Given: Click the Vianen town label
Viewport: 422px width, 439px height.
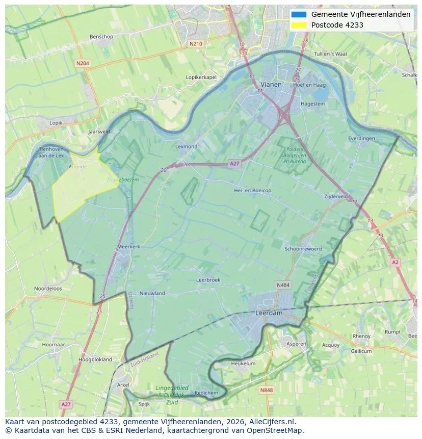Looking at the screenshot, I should (x=271, y=84).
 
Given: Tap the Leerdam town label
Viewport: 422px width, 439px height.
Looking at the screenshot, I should (x=269, y=313).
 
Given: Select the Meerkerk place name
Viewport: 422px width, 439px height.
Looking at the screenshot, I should (x=128, y=246).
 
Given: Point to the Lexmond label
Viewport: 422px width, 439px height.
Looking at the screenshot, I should (x=186, y=146).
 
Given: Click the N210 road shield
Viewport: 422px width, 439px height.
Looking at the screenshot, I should (x=195, y=44).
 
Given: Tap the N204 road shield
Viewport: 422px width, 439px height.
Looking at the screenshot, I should (x=82, y=63).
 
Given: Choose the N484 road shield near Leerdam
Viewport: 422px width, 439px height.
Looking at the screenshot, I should (x=283, y=285).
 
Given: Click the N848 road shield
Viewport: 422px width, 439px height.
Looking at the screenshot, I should (x=266, y=390).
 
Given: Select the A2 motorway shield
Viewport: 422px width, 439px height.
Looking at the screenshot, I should (x=395, y=262).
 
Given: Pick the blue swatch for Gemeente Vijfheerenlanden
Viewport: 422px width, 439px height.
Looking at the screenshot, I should (x=299, y=14).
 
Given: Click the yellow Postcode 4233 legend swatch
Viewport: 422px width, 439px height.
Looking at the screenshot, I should (x=299, y=25).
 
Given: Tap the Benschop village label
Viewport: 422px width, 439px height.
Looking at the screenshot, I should (x=101, y=37).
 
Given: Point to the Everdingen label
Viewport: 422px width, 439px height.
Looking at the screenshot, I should (x=361, y=139).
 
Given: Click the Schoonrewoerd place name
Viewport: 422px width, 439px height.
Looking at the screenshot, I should (x=303, y=249).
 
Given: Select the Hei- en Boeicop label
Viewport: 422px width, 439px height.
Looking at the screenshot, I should (x=252, y=190).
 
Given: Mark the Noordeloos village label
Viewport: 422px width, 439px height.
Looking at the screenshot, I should (x=48, y=289).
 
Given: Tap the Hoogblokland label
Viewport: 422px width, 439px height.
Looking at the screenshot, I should (x=95, y=359).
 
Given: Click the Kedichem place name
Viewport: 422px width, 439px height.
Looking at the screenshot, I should (x=206, y=393).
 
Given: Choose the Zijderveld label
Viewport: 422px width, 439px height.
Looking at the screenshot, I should (x=336, y=196).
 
